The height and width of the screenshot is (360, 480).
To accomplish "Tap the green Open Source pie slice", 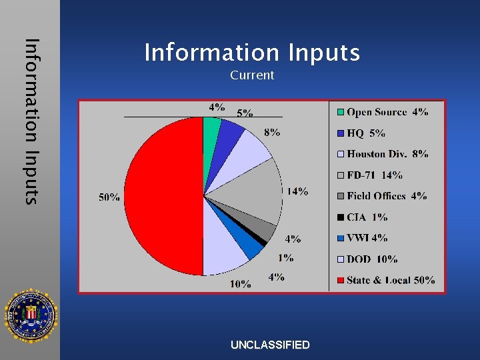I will tap(211, 127).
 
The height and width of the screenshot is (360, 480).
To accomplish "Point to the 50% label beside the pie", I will tap(109, 197).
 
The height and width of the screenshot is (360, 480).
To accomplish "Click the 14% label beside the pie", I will tap(297, 191).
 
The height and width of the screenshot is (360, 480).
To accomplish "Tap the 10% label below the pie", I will tap(241, 285).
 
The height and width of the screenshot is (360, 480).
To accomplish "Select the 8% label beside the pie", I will tap(271, 133).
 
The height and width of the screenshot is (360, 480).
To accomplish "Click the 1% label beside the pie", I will tap(286, 258).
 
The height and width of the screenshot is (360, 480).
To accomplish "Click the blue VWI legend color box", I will tap(340, 238).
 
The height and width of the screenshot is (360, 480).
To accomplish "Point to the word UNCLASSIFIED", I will tap(270, 345).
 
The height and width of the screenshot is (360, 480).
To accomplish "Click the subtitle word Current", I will tap(252, 75).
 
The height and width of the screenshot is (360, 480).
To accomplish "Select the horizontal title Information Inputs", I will tap(252, 52).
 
